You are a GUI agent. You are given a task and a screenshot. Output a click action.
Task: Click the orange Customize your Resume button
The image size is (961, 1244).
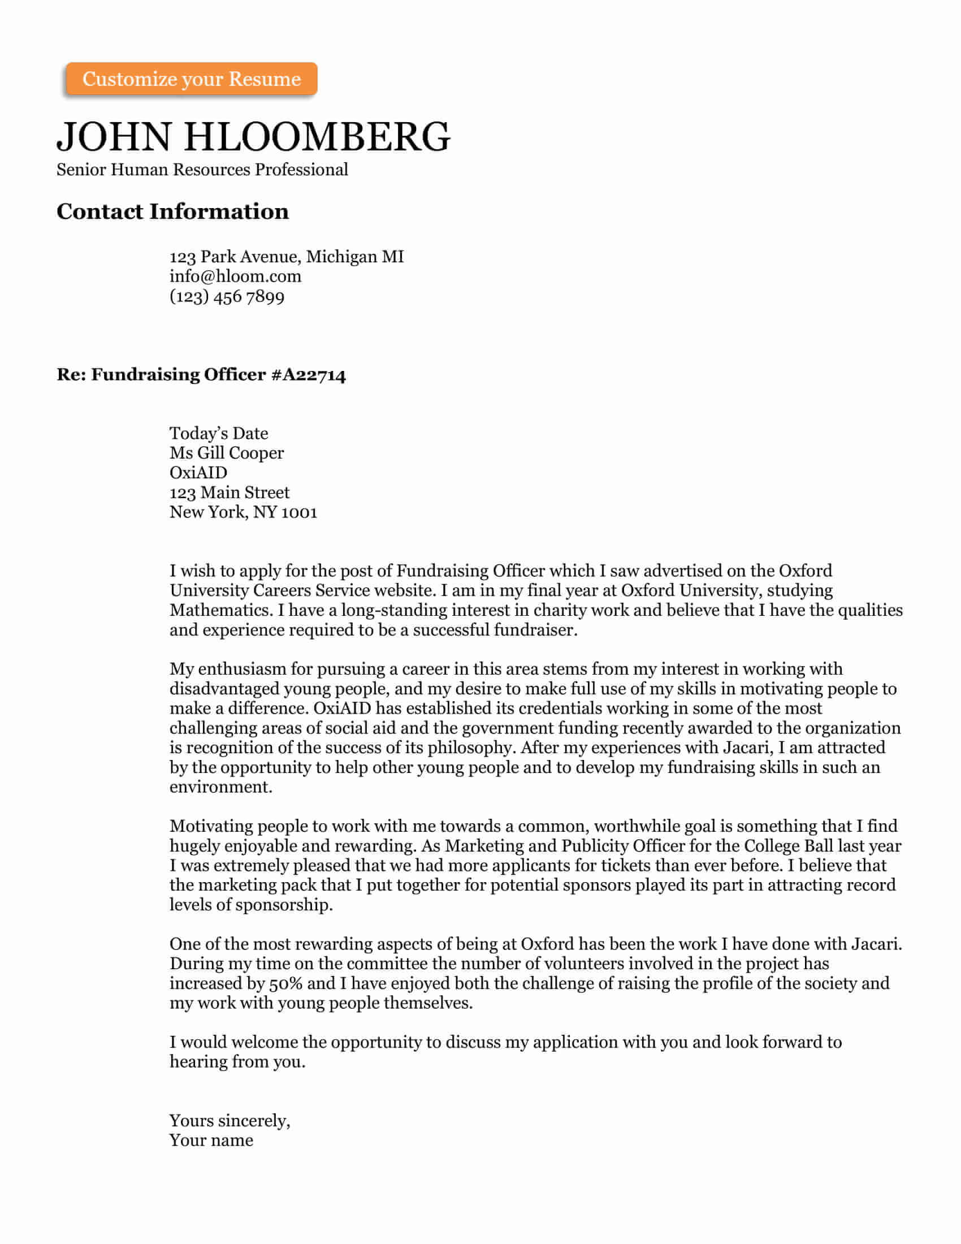click(191, 79)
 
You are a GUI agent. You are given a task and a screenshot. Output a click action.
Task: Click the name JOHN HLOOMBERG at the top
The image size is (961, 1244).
click(253, 137)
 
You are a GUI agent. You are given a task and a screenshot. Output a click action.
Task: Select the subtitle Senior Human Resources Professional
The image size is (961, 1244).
click(202, 170)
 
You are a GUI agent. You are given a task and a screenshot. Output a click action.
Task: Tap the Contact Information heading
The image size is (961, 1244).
click(172, 211)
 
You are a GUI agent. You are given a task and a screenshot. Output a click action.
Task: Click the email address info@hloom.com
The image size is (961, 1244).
click(235, 277)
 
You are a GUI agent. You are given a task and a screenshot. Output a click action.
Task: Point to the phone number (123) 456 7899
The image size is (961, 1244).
click(227, 296)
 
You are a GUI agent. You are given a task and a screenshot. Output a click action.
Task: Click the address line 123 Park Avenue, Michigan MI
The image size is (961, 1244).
click(287, 256)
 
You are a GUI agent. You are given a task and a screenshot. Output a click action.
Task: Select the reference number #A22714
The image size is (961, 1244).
click(308, 375)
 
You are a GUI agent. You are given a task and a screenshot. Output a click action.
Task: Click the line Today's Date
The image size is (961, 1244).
click(219, 433)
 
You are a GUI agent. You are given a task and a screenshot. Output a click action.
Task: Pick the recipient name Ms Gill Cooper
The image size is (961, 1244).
click(227, 453)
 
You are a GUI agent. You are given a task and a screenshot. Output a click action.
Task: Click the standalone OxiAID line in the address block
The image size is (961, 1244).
click(198, 472)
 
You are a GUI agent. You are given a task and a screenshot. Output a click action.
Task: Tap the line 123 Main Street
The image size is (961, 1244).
click(230, 492)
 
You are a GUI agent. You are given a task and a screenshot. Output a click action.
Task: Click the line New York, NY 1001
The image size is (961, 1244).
click(243, 512)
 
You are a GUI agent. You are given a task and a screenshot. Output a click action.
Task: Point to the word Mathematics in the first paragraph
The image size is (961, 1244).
click(220, 610)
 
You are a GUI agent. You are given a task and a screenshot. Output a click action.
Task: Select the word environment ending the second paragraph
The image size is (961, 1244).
click(221, 787)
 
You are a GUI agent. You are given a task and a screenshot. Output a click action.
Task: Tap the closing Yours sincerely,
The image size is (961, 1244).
click(230, 1120)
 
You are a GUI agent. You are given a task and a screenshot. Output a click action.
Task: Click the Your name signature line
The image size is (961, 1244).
click(211, 1140)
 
